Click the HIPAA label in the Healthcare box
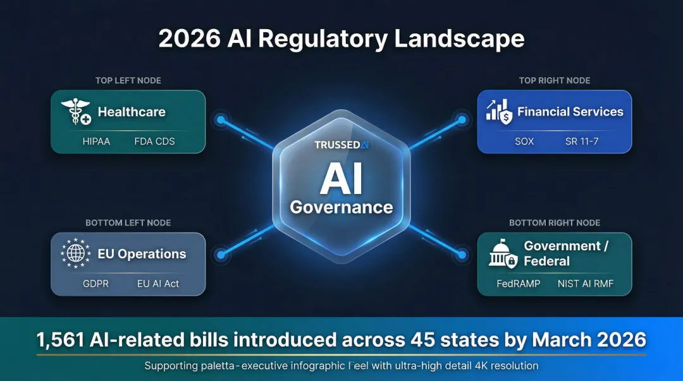(x=96, y=142)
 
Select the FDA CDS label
(x=154, y=142)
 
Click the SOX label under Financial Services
(x=524, y=142)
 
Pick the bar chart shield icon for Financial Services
(x=499, y=112)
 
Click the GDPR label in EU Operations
(x=95, y=284)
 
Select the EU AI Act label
(x=158, y=284)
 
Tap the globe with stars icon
(x=75, y=254)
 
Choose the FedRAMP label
(x=519, y=284)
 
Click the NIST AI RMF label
(x=586, y=284)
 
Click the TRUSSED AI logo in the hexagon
(x=341, y=145)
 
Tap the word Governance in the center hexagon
(x=341, y=207)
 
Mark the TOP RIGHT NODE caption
(x=555, y=80)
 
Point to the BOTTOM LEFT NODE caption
(x=128, y=222)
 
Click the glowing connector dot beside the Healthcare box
(x=221, y=119)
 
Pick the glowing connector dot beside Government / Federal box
(x=462, y=255)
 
